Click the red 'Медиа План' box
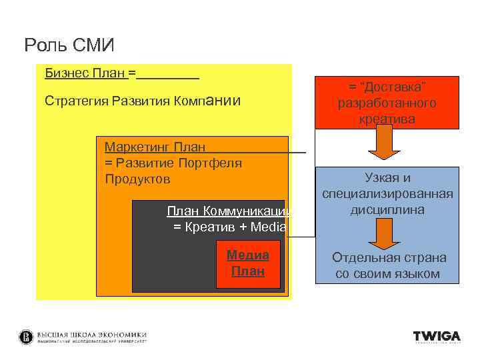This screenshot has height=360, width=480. (248, 263)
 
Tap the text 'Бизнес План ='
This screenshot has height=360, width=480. (90, 72)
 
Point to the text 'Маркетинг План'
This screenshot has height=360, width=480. (155, 146)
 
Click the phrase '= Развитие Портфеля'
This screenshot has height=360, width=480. (173, 163)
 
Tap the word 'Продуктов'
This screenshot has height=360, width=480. (137, 179)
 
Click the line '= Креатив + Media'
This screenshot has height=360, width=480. (229, 227)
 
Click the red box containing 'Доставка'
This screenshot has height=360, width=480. (387, 103)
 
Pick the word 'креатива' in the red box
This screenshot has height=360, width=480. (387, 119)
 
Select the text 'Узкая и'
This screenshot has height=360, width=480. (387, 177)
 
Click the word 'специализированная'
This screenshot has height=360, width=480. (387, 193)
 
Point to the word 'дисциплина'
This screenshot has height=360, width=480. (387, 209)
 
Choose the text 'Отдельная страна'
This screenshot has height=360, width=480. (389, 257)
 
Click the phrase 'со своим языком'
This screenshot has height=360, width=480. (387, 274)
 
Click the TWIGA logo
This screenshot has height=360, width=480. (437, 337)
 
